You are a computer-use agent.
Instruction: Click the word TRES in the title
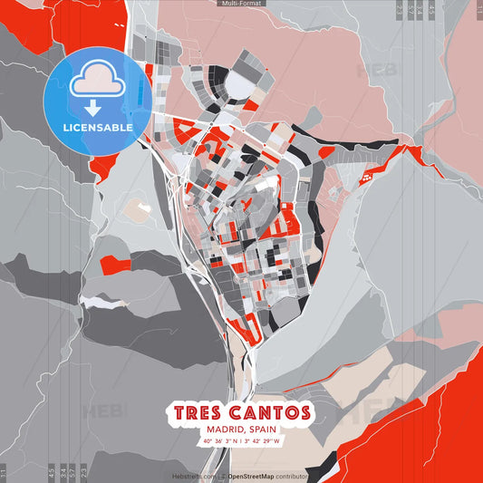[x=201, y=413]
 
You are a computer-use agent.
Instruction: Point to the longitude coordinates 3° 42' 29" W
[x=263, y=441]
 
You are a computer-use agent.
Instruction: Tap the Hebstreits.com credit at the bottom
[x=194, y=476]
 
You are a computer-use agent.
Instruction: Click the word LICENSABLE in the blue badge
[x=97, y=127]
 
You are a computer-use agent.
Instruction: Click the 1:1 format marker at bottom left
[x=4, y=473]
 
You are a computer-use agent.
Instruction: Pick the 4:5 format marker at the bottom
[x=51, y=473]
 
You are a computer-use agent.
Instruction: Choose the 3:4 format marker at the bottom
[x=62, y=473]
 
